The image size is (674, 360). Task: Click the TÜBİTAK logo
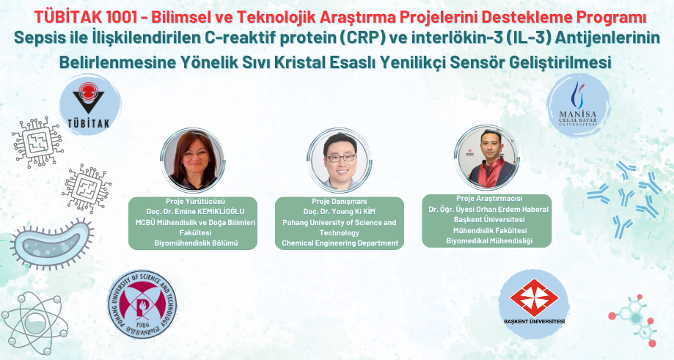89,106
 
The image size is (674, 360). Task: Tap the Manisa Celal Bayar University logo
578,106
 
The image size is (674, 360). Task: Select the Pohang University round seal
142,304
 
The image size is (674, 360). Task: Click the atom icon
34,317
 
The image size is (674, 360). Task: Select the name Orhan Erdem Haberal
519,209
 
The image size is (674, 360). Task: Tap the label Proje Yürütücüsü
196,201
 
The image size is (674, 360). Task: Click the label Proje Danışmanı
339,201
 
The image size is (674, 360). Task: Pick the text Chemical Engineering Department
340,243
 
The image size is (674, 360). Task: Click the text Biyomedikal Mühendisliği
489,240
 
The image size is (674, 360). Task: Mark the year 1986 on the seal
142,325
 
